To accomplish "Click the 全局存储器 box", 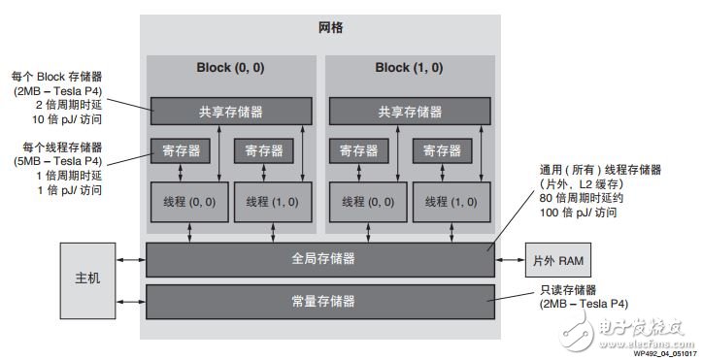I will pos(319,259).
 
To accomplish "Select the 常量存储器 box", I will pos(319,302).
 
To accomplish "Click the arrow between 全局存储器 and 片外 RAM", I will pos(510,259).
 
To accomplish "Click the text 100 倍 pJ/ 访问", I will pos(579,213).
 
